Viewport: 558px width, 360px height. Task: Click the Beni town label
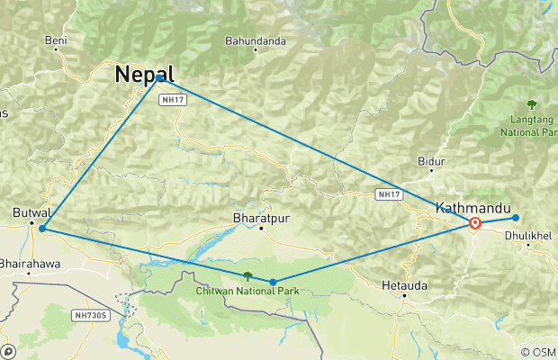(56, 40)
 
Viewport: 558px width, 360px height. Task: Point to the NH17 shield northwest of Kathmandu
(388, 193)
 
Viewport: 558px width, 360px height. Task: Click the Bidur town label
(432, 161)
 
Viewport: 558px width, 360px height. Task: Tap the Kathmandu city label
(467, 208)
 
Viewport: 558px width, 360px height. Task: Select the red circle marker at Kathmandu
(475, 223)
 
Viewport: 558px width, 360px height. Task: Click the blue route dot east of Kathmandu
(516, 218)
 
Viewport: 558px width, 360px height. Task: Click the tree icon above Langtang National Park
(532, 103)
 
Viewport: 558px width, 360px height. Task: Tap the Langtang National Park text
(530, 125)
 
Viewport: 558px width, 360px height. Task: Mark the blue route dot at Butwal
(41, 229)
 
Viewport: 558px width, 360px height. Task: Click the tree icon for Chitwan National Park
(247, 276)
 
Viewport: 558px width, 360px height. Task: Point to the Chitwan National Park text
(248, 291)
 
